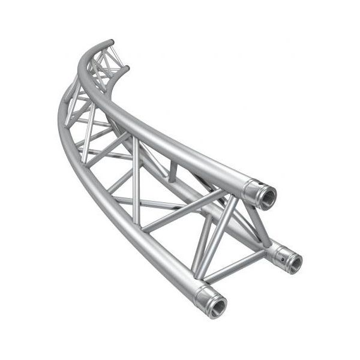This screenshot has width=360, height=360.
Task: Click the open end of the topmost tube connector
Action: point(266,196)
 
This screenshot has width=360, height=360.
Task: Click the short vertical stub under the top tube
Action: point(173,172)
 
